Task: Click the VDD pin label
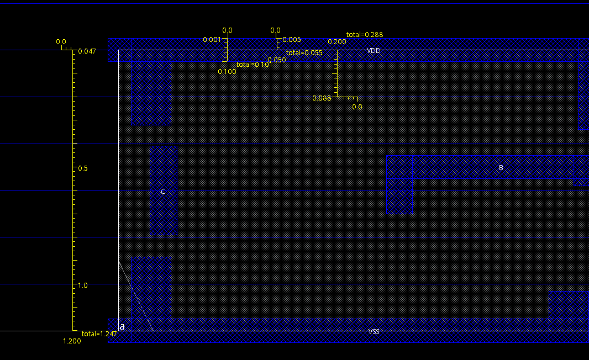(x=374, y=51)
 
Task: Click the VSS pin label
(x=374, y=332)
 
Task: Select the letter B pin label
(x=501, y=168)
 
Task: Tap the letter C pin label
(x=163, y=192)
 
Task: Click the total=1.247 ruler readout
(x=99, y=334)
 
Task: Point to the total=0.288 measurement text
(x=365, y=35)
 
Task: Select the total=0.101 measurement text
(x=254, y=65)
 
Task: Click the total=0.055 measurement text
(x=304, y=53)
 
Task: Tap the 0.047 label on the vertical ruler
(x=87, y=51)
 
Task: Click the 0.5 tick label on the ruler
(x=83, y=168)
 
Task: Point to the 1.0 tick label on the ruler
(x=83, y=285)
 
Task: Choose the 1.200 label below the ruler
(x=72, y=341)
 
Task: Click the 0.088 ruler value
(x=322, y=98)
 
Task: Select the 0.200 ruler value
(x=337, y=42)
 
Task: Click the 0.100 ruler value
(x=227, y=72)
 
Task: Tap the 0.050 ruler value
(x=277, y=60)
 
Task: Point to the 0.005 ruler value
(x=292, y=40)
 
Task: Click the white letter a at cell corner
(x=122, y=327)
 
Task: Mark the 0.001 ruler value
(x=212, y=40)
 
